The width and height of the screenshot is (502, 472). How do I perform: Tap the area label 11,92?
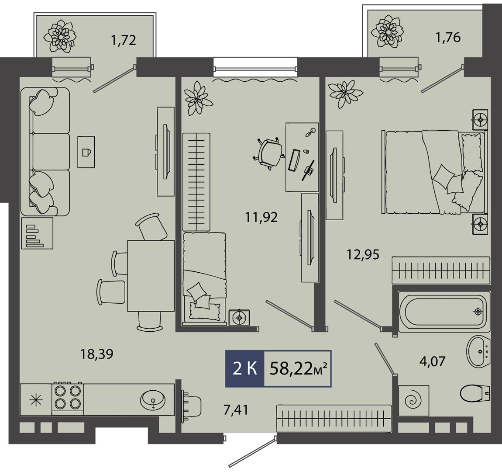click(261, 218)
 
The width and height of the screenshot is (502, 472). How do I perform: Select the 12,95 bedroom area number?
click(363, 255)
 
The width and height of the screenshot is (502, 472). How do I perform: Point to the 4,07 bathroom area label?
click(432, 361)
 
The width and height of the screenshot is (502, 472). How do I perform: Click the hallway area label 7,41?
click(236, 410)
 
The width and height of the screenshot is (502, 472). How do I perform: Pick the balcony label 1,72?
click(123, 41)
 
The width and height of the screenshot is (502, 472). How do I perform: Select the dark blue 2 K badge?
click(245, 369)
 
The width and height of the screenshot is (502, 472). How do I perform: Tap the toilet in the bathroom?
click(475, 393)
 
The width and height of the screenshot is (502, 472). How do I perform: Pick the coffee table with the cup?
click(86, 152)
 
